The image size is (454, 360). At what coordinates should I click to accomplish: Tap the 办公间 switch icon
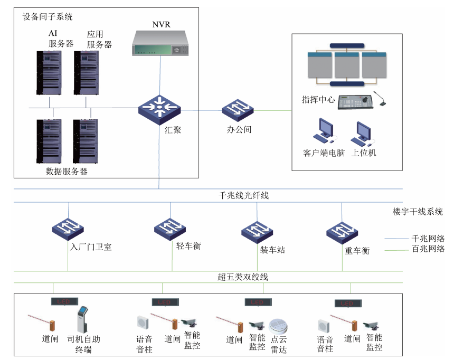click(x=238, y=109)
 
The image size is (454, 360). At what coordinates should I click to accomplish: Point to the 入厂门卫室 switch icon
click(x=68, y=228)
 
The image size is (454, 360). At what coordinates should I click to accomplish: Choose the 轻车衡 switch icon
click(x=171, y=228)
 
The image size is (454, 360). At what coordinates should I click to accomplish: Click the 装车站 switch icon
click(x=258, y=230)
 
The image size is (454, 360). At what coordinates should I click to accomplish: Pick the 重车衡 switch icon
click(x=343, y=231)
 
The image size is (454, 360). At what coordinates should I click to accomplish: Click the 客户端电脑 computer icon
click(x=323, y=131)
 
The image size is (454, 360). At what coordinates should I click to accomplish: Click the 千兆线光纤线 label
click(x=244, y=196)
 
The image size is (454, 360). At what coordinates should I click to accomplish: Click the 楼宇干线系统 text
click(x=418, y=212)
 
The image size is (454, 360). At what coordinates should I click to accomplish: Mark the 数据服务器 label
click(x=67, y=171)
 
